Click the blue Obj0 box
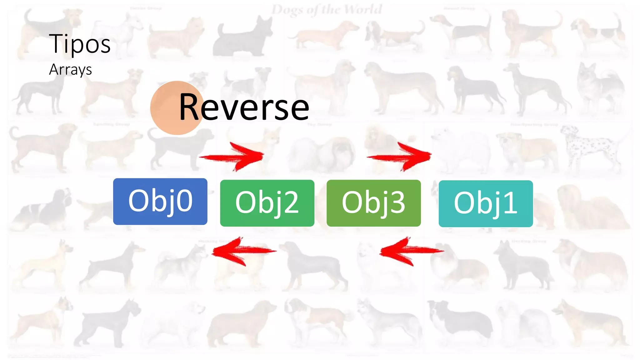pyautogui.click(x=160, y=202)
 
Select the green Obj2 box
pyautogui.click(x=267, y=203)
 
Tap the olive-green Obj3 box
pyautogui.click(x=373, y=203)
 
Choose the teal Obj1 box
pyautogui.click(x=486, y=204)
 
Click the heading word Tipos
pyautogui.click(x=80, y=44)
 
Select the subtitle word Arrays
pyautogui.click(x=70, y=69)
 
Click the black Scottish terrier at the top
pyautogui.click(x=242, y=37)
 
